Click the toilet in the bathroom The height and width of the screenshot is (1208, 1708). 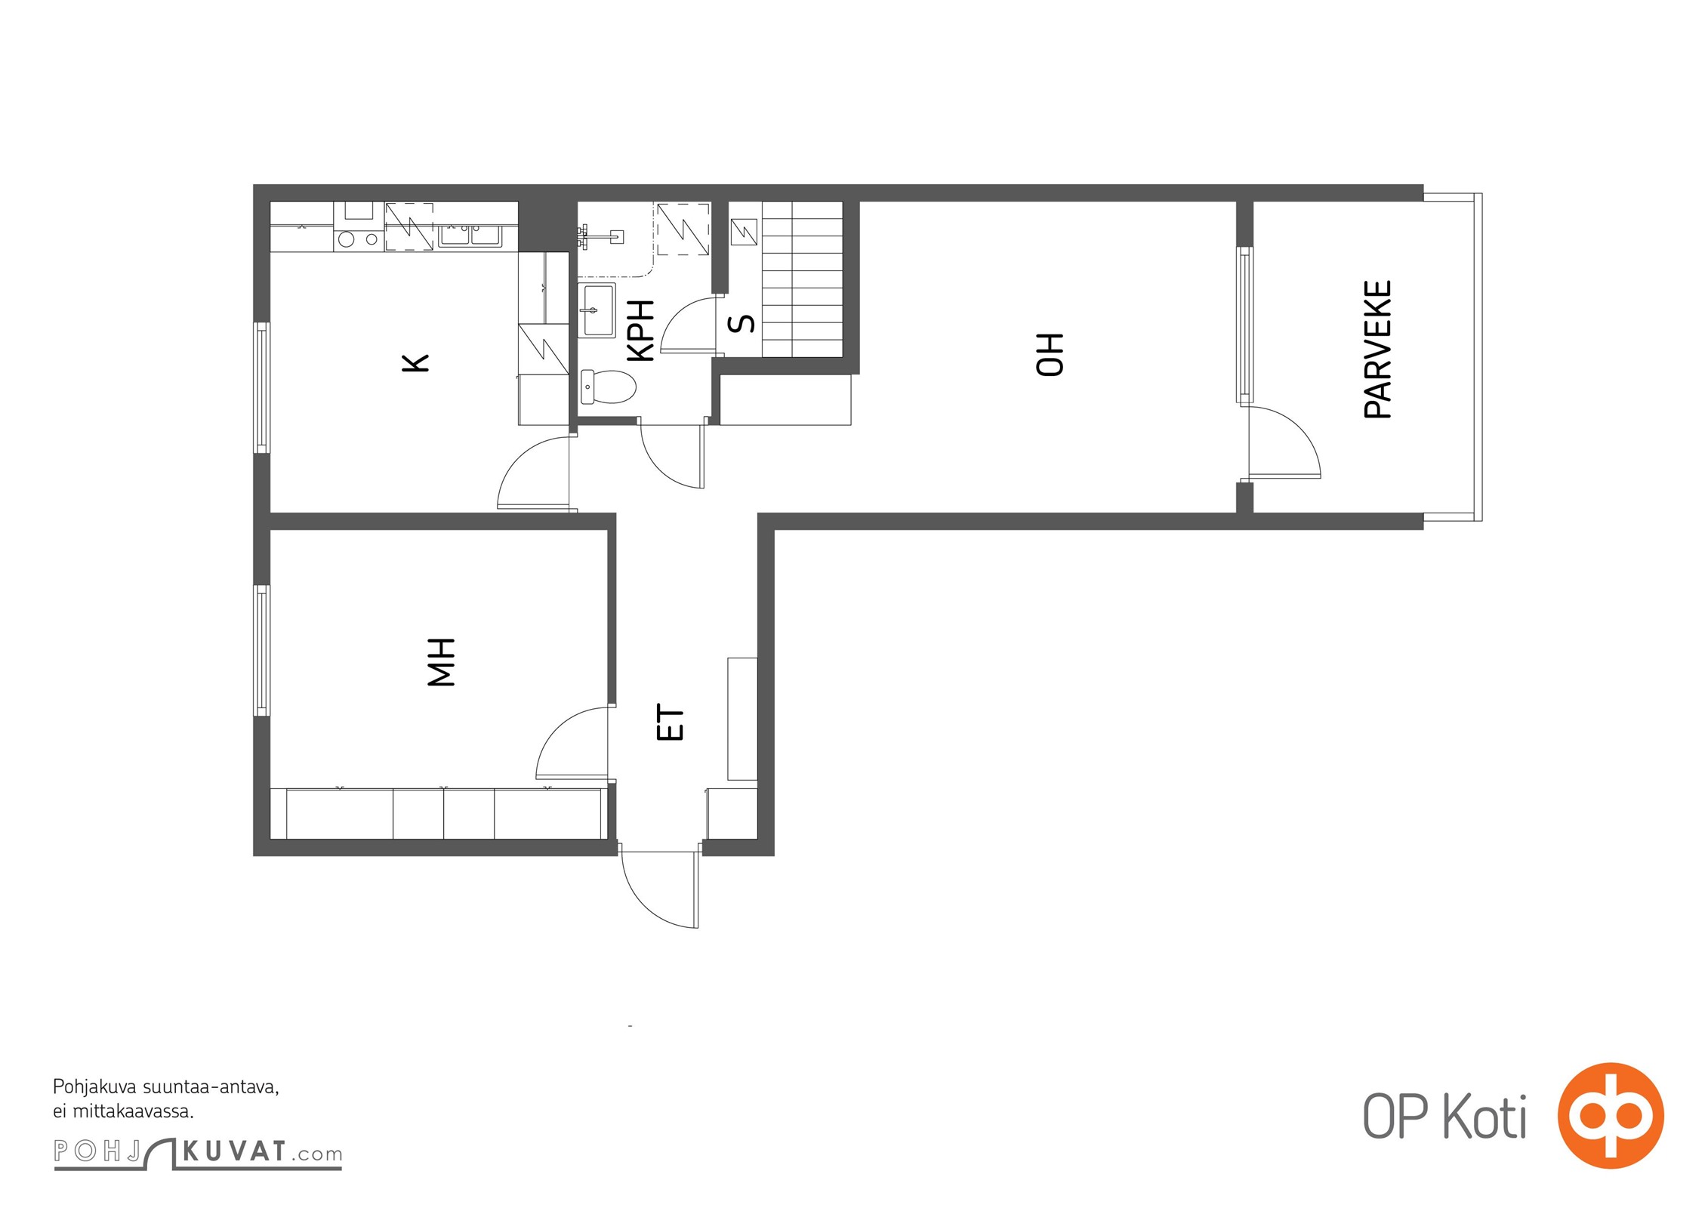tap(608, 387)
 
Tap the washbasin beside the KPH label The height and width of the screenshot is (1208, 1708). tap(597, 310)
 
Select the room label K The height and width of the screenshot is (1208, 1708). tap(415, 363)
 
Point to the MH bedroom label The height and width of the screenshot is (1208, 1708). tap(442, 662)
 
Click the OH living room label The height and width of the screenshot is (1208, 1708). tap(1050, 354)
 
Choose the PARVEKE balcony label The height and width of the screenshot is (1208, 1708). tap(1378, 350)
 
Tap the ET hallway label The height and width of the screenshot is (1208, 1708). tap(671, 723)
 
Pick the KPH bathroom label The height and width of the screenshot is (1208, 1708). tap(641, 331)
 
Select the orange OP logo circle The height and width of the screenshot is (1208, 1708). tap(1611, 1116)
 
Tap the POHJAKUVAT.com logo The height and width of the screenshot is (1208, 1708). tap(198, 1153)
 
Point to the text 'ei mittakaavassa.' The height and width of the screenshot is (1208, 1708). tap(123, 1111)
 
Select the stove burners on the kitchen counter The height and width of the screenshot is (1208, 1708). tap(359, 239)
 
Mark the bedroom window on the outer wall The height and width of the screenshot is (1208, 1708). tap(261, 650)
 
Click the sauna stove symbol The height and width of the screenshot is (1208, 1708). tap(744, 232)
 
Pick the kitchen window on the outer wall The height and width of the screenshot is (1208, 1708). tap(261, 388)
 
